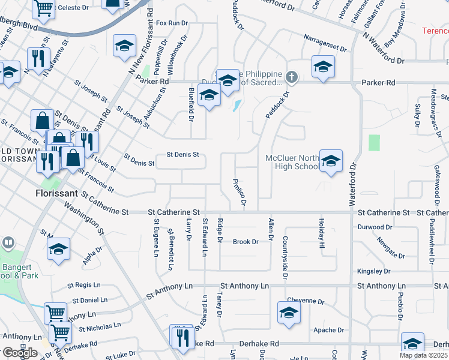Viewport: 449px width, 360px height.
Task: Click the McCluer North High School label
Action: (292, 162)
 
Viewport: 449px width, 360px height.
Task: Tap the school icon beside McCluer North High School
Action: (331, 161)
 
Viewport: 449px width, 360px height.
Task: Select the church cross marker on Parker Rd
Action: (292, 77)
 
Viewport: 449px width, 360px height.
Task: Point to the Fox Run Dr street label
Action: (172, 23)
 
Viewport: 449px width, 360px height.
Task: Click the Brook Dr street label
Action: (246, 242)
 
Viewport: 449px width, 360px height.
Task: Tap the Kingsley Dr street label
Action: (373, 271)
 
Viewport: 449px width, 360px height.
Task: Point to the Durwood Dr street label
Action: (374, 227)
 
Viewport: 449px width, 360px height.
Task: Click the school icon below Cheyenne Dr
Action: (289, 313)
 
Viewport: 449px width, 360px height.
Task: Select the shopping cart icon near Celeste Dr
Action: (43, 8)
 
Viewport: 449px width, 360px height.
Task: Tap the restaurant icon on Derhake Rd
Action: (181, 337)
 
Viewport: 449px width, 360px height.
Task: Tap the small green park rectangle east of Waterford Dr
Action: (375, 143)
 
